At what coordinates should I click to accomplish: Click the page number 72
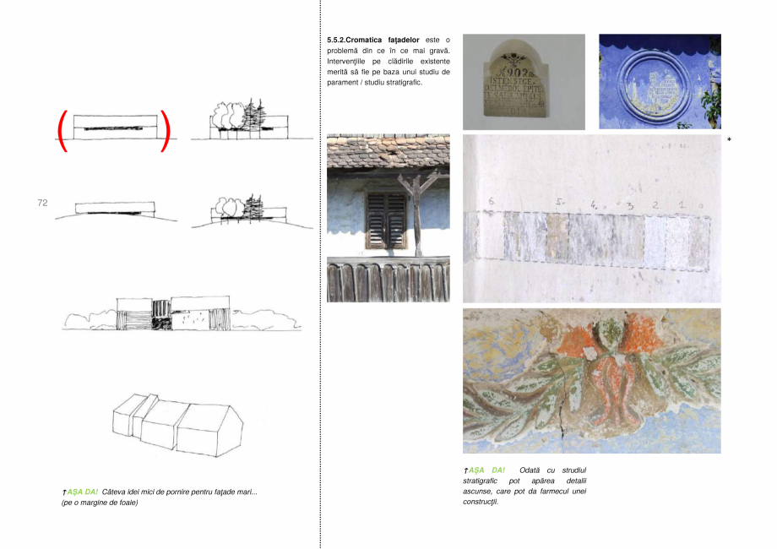pyautogui.click(x=42, y=204)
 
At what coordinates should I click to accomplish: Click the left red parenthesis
pyautogui.click(x=62, y=132)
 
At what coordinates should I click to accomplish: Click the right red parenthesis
pyautogui.click(x=166, y=132)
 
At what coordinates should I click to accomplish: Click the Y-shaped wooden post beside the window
pyautogui.click(x=417, y=211)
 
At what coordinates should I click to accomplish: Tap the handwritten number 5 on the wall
pyautogui.click(x=559, y=203)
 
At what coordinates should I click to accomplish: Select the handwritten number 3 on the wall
pyautogui.click(x=630, y=205)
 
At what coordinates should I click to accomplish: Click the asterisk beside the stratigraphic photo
pyautogui.click(x=729, y=139)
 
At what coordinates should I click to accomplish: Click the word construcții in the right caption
pyautogui.click(x=481, y=502)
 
